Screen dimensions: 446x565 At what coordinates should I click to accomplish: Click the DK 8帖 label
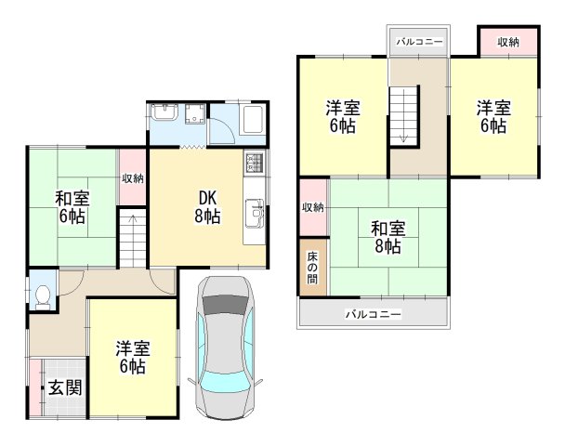[x=207, y=205]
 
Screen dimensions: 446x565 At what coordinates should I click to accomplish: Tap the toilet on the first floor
[x=42, y=295]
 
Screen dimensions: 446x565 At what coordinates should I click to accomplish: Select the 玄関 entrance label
[x=64, y=387]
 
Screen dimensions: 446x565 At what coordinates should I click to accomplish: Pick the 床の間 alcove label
[x=313, y=266]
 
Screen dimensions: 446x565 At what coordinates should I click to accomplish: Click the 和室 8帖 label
[x=387, y=236]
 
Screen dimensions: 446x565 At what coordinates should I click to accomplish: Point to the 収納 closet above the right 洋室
[x=507, y=42]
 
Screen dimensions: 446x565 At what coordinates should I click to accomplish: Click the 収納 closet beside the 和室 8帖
[x=313, y=206]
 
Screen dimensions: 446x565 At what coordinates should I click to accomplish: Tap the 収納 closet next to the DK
[x=132, y=177]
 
